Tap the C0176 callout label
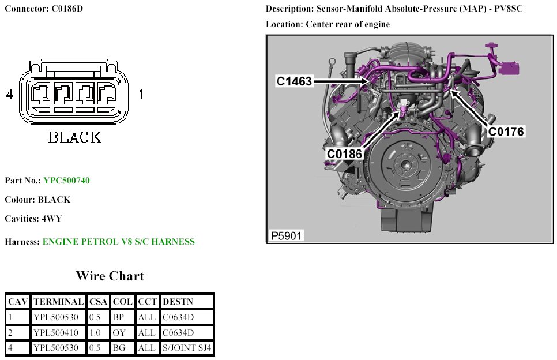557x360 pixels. pyautogui.click(x=506, y=132)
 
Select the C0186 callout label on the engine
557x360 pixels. pyautogui.click(x=344, y=153)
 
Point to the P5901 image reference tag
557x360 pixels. pyautogui.click(x=287, y=235)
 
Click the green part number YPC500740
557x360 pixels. pyautogui.click(x=66, y=181)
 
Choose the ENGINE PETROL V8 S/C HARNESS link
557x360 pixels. pyautogui.click(x=118, y=242)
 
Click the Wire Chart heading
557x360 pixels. pyautogui.click(x=110, y=276)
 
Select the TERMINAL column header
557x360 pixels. pyautogui.click(x=59, y=302)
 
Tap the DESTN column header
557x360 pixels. pyautogui.click(x=178, y=302)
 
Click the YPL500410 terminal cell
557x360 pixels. pyautogui.click(x=59, y=333)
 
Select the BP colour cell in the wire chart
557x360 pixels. pyautogui.click(x=119, y=317)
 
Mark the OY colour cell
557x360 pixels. pyautogui.click(x=119, y=333)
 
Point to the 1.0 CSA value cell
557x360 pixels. pyautogui.click(x=96, y=333)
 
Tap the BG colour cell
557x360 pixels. pyautogui.click(x=119, y=348)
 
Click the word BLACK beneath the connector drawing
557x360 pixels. pyautogui.click(x=74, y=137)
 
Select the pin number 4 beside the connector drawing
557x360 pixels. pyautogui.click(x=9, y=95)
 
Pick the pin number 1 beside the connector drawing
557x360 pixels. pyautogui.click(x=141, y=94)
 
